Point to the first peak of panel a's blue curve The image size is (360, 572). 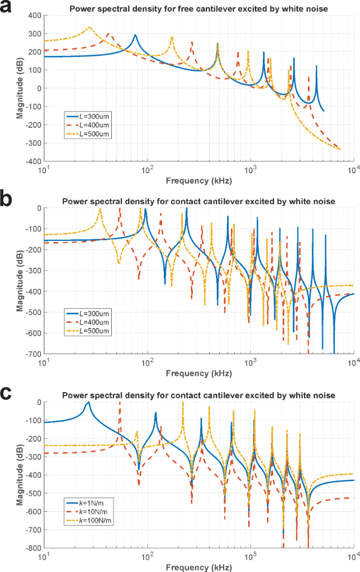pos(135,35)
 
